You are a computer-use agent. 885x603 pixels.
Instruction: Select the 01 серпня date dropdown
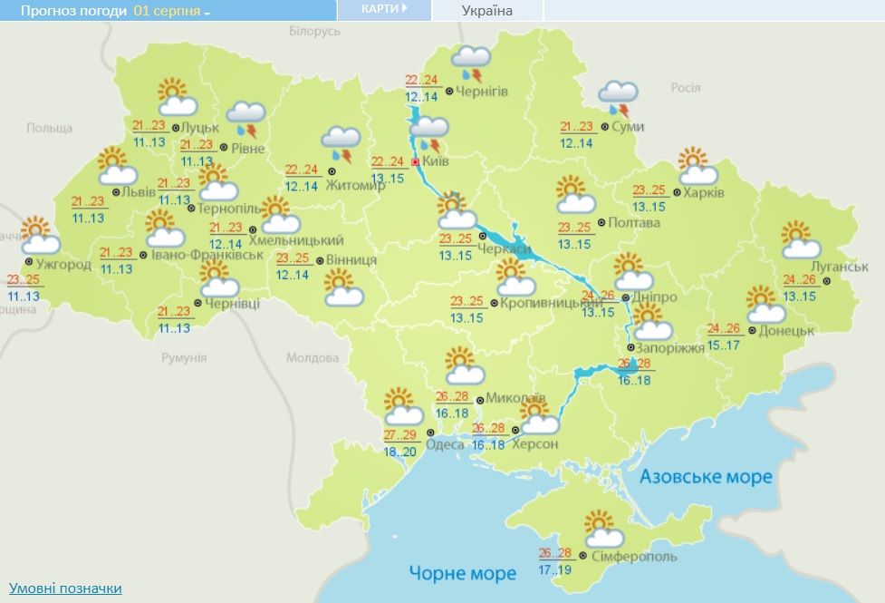pyautogui.click(x=171, y=12)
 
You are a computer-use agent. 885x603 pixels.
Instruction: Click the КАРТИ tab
pyautogui.click(x=384, y=9)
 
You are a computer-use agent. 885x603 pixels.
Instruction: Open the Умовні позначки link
pyautogui.click(x=65, y=588)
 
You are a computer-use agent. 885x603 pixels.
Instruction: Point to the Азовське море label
pyautogui.click(x=706, y=477)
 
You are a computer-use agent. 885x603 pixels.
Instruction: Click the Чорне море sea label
pyautogui.click(x=462, y=573)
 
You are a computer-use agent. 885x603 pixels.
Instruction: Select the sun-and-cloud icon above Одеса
pyautogui.click(x=401, y=408)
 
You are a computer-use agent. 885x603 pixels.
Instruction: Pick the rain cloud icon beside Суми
pyautogui.click(x=619, y=94)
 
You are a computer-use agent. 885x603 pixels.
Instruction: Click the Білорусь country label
pyautogui.click(x=314, y=31)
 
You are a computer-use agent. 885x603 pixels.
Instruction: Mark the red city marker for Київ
pyautogui.click(x=416, y=162)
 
